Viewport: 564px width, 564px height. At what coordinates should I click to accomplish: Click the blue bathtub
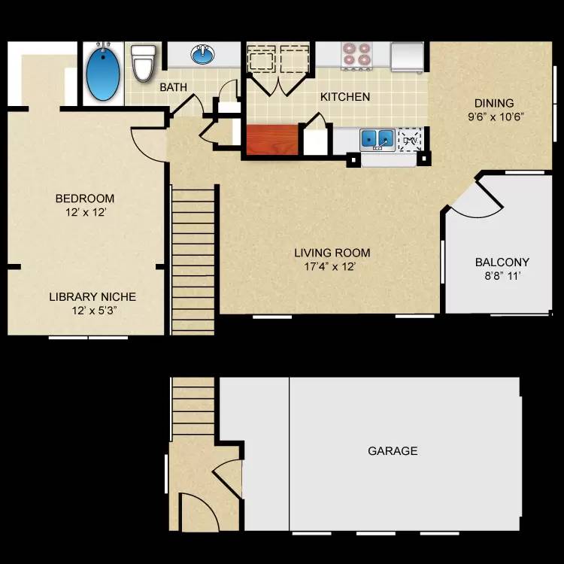point(104,74)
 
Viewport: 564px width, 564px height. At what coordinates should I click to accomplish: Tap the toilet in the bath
point(143,62)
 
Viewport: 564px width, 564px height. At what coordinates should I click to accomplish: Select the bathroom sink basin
point(202,54)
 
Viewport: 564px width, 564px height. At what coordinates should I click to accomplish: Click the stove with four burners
point(357,54)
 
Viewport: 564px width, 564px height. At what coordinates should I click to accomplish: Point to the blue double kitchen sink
point(377,138)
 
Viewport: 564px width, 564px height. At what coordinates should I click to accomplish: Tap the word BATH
point(173,87)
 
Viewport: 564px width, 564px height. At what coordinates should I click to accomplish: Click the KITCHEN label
point(345,97)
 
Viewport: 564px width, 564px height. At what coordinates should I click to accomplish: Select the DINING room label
point(493,103)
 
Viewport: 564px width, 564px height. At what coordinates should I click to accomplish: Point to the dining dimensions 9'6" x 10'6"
point(495,117)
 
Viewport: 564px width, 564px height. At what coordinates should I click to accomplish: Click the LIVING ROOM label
point(332,253)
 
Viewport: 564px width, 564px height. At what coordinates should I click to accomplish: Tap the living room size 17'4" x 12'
point(332,266)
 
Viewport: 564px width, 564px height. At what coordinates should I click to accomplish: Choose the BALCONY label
point(502,262)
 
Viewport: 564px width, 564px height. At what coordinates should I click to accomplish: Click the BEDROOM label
point(85,199)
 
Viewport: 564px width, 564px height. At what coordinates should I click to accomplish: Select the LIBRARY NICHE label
point(92,296)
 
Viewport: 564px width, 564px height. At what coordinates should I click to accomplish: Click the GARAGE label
point(393,451)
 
